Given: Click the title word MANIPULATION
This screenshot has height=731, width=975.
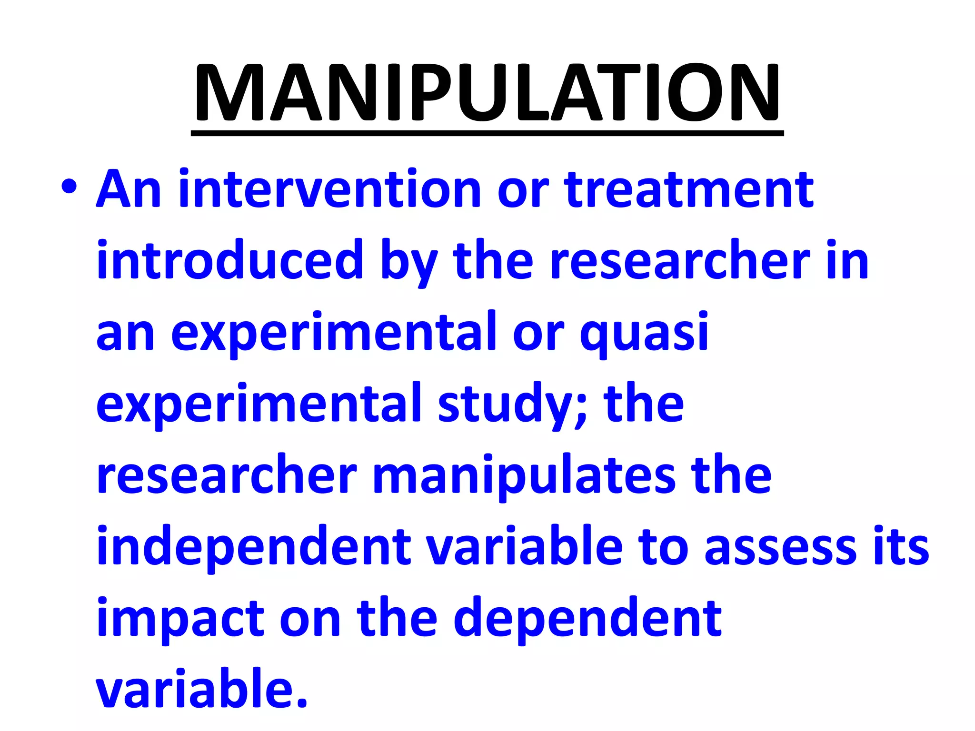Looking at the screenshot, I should tap(487, 92).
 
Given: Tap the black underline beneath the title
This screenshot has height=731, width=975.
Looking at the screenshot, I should tap(487, 134).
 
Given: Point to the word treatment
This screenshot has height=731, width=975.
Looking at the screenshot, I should tap(689, 189).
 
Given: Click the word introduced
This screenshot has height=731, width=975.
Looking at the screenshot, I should tap(230, 260).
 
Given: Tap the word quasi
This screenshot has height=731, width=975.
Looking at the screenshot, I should tap(644, 332).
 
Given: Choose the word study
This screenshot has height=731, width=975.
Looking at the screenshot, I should tap(505, 404).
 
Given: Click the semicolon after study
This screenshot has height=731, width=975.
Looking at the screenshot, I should tap(581, 409).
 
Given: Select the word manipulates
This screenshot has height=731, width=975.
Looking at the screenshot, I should tap(524, 475).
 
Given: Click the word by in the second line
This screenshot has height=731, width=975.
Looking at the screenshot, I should tap(408, 261).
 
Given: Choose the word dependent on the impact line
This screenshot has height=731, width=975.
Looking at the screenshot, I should tap(587, 618).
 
